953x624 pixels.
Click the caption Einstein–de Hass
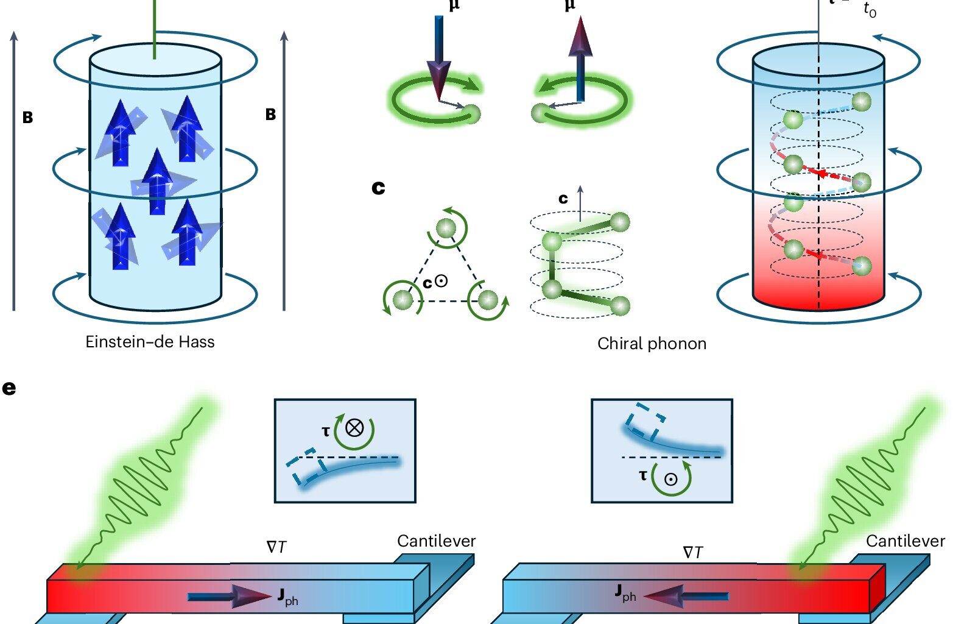tap(150, 342)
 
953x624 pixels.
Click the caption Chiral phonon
tap(652, 344)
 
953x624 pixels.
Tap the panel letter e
tap(9, 388)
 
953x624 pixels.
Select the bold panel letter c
tap(378, 188)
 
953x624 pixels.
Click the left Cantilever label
tap(436, 541)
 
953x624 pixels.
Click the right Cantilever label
tap(905, 541)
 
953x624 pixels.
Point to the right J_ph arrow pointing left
tap(686, 596)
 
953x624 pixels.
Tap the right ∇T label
tap(692, 553)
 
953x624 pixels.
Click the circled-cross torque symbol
tap(354, 428)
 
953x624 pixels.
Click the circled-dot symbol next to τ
tap(671, 479)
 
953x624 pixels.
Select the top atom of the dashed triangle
tap(446, 229)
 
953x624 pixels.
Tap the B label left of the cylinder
tap(27, 118)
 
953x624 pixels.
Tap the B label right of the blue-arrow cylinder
tap(270, 115)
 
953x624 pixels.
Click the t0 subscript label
tap(870, 10)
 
